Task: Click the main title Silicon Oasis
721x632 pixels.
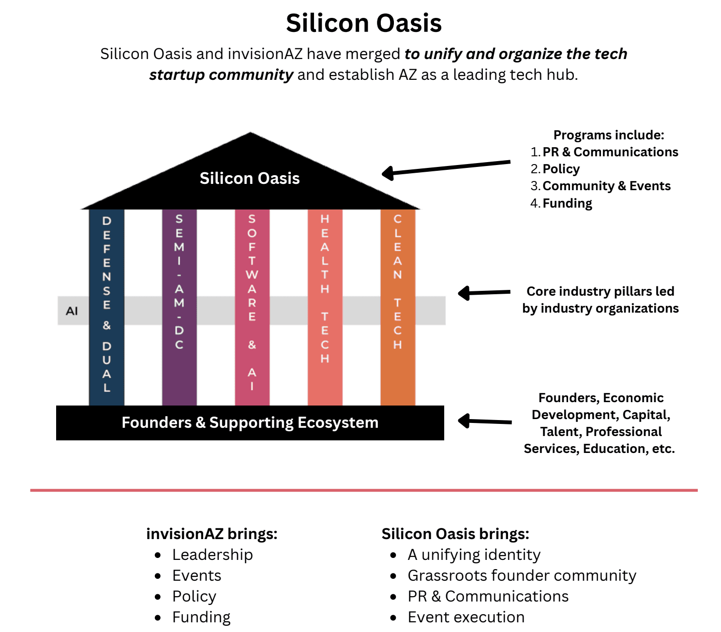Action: tap(363, 23)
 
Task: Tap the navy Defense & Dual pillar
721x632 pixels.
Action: tap(106, 307)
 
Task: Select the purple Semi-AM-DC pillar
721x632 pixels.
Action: tap(180, 307)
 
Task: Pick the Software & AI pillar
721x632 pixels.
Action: tap(252, 307)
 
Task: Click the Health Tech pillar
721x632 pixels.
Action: tap(325, 307)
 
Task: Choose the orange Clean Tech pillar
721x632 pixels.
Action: tap(398, 307)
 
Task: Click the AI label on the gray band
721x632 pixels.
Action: tap(72, 311)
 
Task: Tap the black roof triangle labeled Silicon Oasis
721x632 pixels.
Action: tap(250, 178)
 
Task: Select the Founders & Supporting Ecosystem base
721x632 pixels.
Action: tap(250, 423)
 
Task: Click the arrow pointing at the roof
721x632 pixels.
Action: tap(446, 168)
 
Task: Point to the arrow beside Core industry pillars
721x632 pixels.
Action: tap(484, 293)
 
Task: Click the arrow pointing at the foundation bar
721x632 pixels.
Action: tap(485, 421)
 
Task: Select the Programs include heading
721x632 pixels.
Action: tap(609, 135)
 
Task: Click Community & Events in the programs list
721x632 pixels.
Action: tap(606, 186)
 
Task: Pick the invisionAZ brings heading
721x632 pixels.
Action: tap(212, 534)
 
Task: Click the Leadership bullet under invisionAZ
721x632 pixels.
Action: tap(212, 555)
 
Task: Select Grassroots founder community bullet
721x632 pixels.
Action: tap(522, 576)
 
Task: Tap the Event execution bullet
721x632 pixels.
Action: tap(466, 617)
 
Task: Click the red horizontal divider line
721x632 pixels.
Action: tap(364, 490)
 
